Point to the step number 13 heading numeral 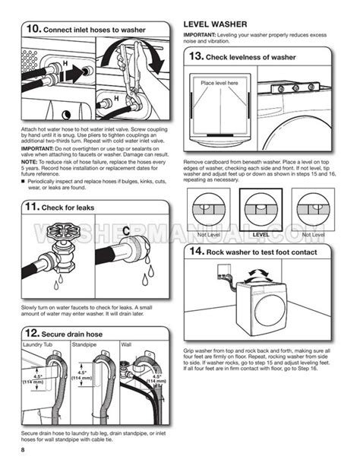(195, 56)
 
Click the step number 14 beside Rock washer (195, 250)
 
